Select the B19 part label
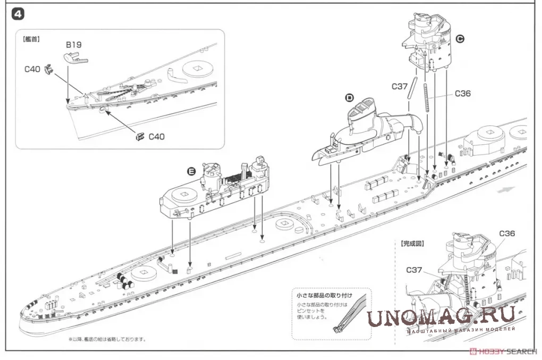(x=73, y=45)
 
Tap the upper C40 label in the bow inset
(x=32, y=70)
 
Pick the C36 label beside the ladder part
(x=463, y=94)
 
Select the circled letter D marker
(x=349, y=97)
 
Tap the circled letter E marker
(x=191, y=171)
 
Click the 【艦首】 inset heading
(x=32, y=39)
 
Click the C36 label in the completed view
(x=507, y=233)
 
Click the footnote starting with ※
(x=106, y=339)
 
